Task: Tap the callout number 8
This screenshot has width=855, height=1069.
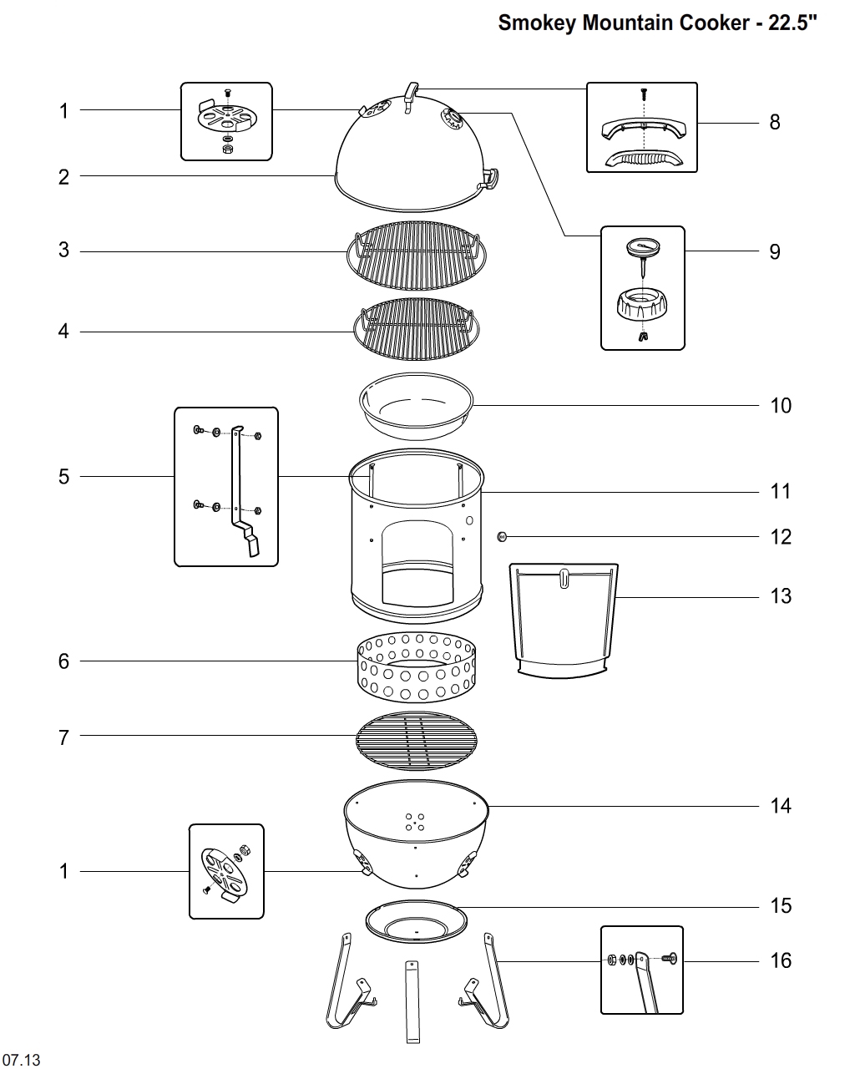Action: [x=775, y=122]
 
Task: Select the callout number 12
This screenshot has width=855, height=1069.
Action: [x=780, y=536]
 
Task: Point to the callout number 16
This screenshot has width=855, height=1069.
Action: [x=780, y=960]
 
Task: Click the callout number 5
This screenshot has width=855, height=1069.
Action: [x=63, y=477]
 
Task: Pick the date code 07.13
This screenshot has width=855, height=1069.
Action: [x=21, y=1060]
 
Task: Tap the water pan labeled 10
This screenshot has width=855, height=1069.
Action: [x=415, y=407]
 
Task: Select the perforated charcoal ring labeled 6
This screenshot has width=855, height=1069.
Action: [x=415, y=669]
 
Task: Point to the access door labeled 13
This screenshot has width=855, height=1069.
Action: [x=565, y=618]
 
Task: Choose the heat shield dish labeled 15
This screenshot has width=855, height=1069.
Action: [x=416, y=923]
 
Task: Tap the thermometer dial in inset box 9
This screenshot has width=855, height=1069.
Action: [x=642, y=247]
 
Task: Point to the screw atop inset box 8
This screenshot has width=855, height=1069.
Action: [x=644, y=94]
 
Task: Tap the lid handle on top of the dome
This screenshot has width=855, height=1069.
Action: [x=411, y=95]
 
